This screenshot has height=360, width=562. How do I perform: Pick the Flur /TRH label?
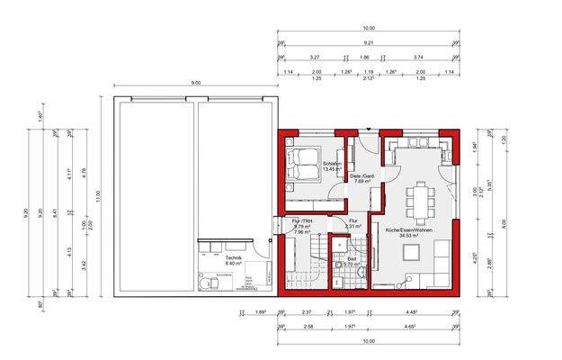pyautogui.click(x=301, y=220)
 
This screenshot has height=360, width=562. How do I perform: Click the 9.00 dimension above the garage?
pyautogui.click(x=196, y=83)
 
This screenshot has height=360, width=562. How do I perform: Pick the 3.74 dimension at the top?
pyautogui.click(x=419, y=57)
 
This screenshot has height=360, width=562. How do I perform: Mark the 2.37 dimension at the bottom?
pyautogui.click(x=307, y=313)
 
